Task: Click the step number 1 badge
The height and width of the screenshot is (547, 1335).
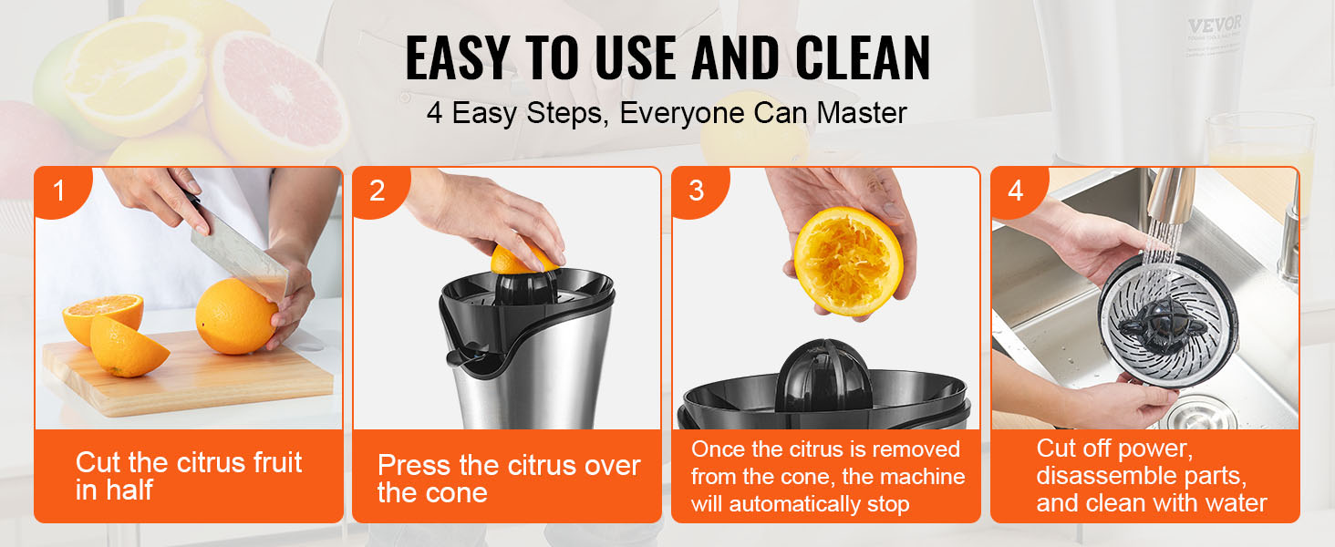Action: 59,191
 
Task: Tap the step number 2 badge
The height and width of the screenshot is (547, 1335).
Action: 378,191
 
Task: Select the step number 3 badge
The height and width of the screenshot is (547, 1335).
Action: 697,191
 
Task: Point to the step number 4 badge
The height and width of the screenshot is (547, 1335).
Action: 1016,191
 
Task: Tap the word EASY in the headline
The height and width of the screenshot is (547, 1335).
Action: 457,57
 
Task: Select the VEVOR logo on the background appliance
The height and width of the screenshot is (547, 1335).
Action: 1216,26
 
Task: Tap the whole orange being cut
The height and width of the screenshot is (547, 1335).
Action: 235,316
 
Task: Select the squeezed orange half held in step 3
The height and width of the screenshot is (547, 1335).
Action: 849,262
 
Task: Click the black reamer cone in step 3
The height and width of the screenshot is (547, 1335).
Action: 823,377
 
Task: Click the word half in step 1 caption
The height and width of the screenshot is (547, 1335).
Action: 130,490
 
